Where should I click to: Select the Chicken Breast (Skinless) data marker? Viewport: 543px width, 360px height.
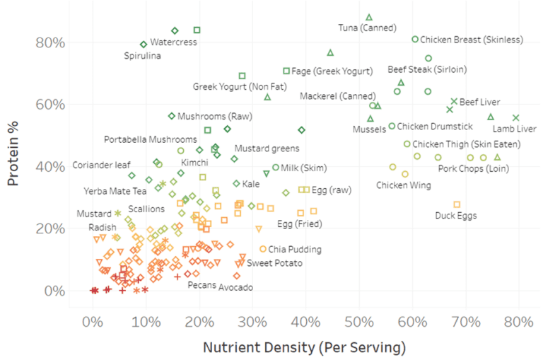pos(415,40)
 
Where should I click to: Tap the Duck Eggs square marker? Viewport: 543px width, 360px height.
pos(457,204)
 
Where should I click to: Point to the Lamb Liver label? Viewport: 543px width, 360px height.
pos(513,129)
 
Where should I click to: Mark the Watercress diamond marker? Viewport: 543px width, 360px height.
pos(175,30)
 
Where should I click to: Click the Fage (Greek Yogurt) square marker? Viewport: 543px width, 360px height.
pos(286,71)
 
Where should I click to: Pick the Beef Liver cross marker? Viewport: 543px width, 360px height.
pos(454,102)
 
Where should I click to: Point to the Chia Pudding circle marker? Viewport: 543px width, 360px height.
pos(263,249)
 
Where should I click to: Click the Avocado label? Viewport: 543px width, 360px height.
pos(235,287)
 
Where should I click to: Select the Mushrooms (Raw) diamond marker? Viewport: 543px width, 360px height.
pos(172,116)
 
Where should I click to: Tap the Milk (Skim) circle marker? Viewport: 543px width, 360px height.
pos(276,168)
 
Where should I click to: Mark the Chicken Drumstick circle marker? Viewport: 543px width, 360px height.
pos(392,127)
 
